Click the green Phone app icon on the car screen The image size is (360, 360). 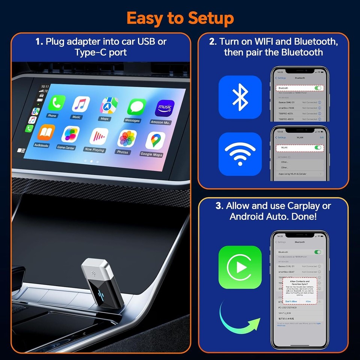click(56, 103)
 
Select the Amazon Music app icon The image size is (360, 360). click(164, 108)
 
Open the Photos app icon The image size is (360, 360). click(127, 139)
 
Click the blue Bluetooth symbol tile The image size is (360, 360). click(240, 97)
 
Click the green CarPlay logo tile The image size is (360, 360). click(240, 267)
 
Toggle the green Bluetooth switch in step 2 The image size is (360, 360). click(318, 88)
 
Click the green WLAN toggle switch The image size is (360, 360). click(318, 148)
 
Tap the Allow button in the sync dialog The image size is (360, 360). click(308, 301)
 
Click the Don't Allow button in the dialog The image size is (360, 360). click(291, 301)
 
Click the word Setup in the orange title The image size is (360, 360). click(212, 18)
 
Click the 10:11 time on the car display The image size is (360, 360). click(45, 86)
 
